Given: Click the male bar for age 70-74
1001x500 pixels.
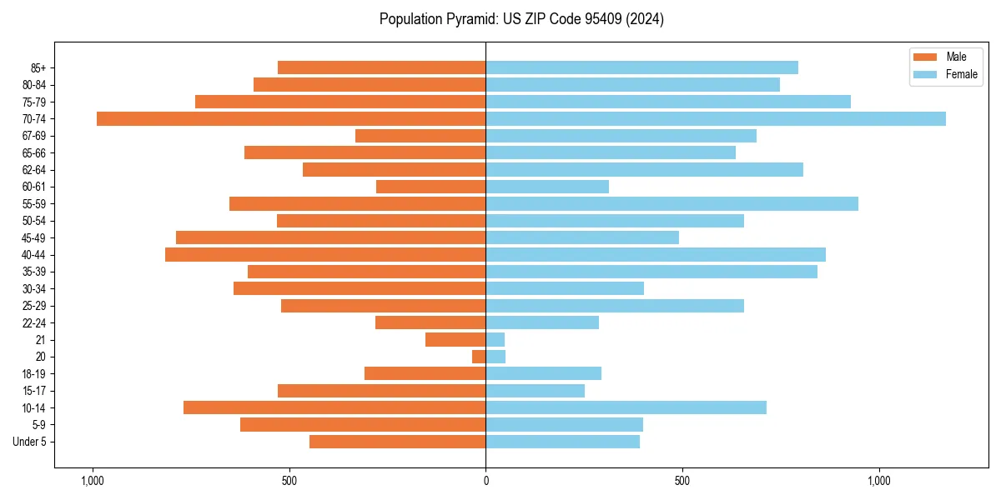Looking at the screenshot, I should (x=291, y=119).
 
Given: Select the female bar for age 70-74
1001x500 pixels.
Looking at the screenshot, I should (x=716, y=119).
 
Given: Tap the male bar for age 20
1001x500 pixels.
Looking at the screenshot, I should (x=479, y=357).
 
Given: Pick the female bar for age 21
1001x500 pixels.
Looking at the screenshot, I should (x=495, y=340).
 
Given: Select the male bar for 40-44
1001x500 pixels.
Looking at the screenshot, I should (x=325, y=255).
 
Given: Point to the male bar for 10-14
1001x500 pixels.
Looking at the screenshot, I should (x=335, y=407).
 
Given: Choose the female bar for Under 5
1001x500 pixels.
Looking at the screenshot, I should (x=563, y=442).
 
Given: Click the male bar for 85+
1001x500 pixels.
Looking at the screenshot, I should (x=382, y=67).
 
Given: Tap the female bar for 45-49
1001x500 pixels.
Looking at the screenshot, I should (x=582, y=237).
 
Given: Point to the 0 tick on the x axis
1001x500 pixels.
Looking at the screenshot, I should (x=485, y=481).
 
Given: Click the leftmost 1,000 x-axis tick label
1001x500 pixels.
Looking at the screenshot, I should (x=92, y=481).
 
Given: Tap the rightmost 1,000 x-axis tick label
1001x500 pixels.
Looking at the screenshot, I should (x=879, y=481).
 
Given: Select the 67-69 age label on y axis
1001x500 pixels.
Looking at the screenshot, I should (x=34, y=136).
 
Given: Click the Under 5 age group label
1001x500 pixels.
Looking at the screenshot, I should (x=30, y=442).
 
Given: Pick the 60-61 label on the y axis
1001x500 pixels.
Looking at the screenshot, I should (x=34, y=187).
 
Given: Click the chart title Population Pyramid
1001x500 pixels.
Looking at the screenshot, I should (x=521, y=19).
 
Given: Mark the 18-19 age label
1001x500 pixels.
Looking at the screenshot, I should (x=34, y=374).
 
